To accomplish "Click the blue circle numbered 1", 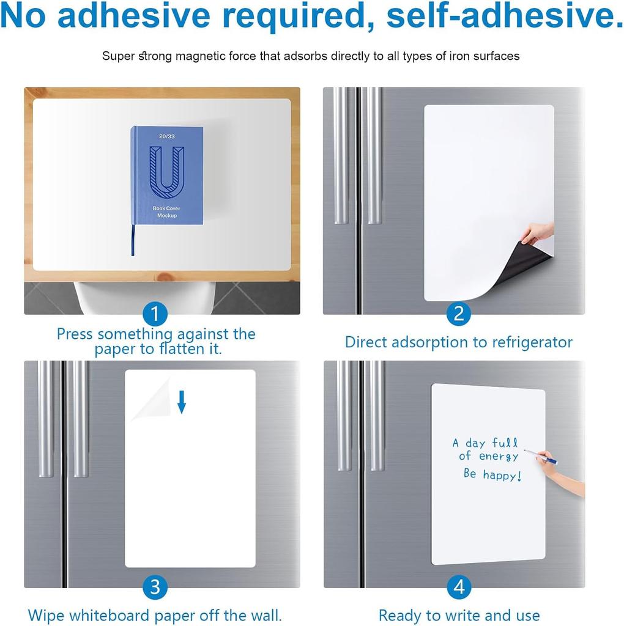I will point(155,315).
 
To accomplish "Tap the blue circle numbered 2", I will point(458,315).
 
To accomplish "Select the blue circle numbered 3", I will point(155,588).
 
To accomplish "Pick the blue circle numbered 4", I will point(458,588).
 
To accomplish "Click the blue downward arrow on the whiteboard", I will point(181,402).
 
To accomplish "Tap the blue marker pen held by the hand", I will point(540,456).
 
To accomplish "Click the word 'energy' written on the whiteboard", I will point(498,457).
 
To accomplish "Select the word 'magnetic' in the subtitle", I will point(200,56).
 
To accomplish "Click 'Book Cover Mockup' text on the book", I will point(166,212).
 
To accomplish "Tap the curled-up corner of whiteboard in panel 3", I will point(149,399).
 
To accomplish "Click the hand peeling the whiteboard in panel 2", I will point(538,232).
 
